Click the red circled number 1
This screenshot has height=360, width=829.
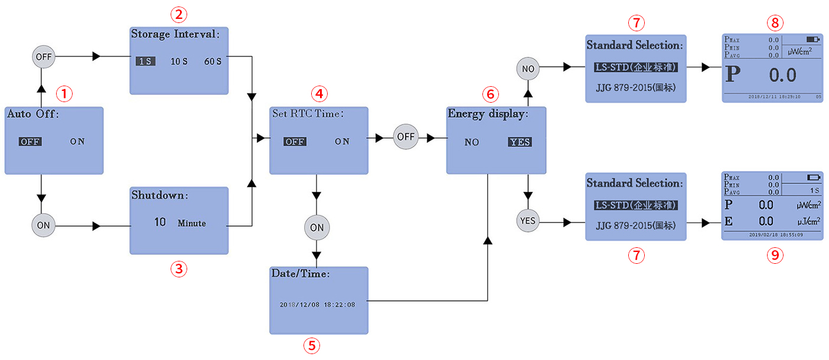tap(64, 93)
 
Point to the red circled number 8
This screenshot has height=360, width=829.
tap(774, 23)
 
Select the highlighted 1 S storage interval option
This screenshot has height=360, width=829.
tap(145, 61)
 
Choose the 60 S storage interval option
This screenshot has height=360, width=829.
tap(213, 61)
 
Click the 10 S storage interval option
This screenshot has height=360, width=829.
tap(179, 61)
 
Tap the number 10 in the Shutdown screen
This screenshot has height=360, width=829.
tap(160, 222)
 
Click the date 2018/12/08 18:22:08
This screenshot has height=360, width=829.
tap(317, 305)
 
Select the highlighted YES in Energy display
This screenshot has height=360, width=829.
tap(520, 142)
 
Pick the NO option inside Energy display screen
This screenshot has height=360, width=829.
tap(472, 142)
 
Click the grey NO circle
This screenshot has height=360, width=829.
tap(528, 69)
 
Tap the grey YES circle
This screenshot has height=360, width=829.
tap(528, 221)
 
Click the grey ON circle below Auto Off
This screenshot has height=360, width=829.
tap(43, 225)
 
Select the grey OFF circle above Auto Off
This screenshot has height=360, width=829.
tap(43, 57)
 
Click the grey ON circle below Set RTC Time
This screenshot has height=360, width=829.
tap(316, 227)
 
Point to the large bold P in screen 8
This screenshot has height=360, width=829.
tap(733, 75)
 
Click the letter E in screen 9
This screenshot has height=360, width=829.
tap(729, 221)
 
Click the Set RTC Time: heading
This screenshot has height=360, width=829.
tap(307, 113)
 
